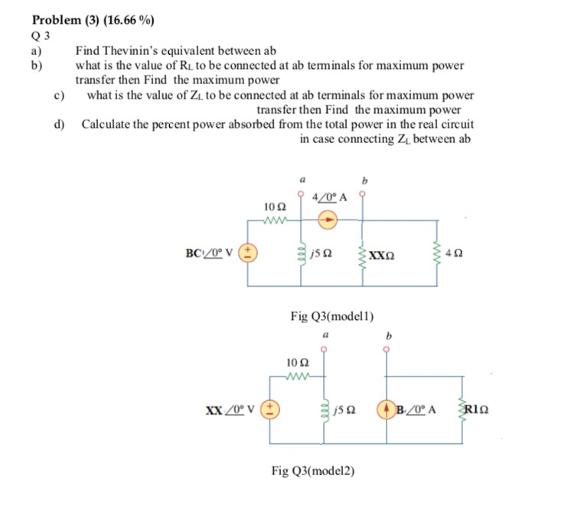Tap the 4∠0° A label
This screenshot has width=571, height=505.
pyautogui.click(x=331, y=197)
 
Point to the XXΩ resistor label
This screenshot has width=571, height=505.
pyautogui.click(x=381, y=253)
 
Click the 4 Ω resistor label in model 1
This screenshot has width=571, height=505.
pyautogui.click(x=457, y=252)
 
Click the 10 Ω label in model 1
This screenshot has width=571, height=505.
pyautogui.click(x=274, y=207)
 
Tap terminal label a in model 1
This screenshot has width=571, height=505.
pyautogui.click(x=302, y=181)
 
